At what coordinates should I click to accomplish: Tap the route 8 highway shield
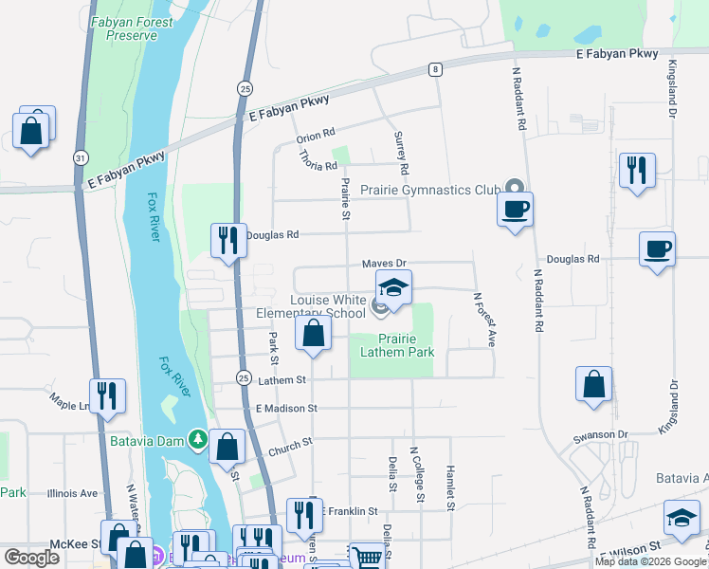coord(434,69)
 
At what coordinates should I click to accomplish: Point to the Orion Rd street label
coord(317,136)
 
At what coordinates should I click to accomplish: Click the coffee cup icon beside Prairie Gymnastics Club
coord(515,209)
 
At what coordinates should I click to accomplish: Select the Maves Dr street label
coord(384,263)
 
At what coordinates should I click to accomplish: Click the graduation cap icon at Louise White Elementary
coord(394,286)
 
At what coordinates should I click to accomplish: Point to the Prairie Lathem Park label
coord(397,345)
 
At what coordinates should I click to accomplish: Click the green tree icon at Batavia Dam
coord(197,439)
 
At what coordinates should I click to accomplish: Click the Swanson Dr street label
coord(601,434)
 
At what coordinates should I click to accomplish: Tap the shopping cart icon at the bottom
coord(365,555)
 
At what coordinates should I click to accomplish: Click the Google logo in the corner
coord(31,558)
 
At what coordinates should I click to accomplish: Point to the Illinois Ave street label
coord(75,493)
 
